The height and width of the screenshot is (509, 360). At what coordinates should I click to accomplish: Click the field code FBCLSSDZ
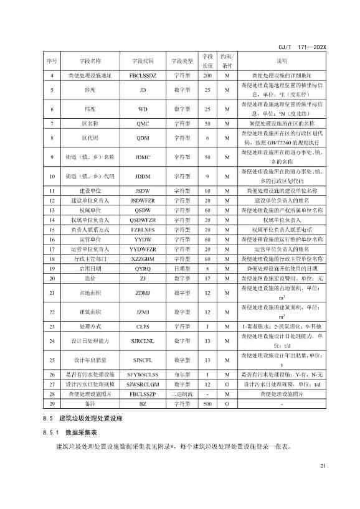(x=142, y=75)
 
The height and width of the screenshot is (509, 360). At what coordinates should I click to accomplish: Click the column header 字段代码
(x=142, y=61)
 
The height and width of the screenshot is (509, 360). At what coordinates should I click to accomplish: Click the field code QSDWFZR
(x=142, y=220)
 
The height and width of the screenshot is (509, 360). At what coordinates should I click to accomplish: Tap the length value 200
(x=207, y=75)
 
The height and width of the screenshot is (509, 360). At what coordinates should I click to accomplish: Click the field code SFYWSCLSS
(x=142, y=375)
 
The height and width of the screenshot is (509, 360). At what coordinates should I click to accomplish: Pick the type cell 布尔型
(x=184, y=375)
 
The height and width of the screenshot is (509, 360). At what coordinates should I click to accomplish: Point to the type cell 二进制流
(x=184, y=393)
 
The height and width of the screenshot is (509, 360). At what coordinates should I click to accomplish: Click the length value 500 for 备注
(x=207, y=403)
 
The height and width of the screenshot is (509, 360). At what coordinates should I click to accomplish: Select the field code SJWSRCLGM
(x=142, y=384)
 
